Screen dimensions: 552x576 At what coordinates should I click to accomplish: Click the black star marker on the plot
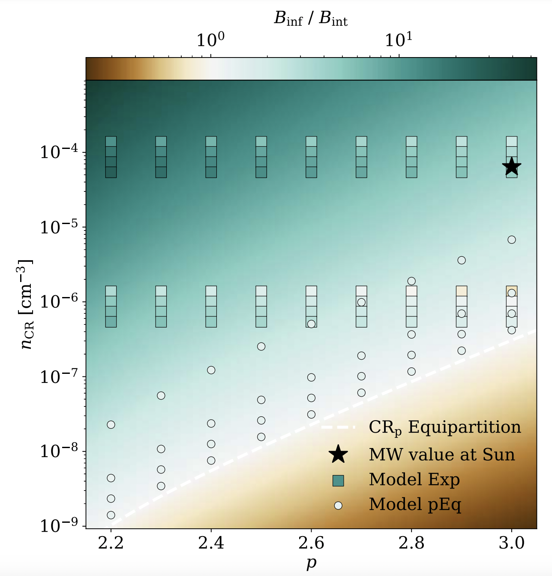(x=512, y=167)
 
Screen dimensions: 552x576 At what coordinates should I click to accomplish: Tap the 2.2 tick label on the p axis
(x=111, y=543)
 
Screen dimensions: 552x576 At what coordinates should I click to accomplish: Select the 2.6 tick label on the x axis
(x=311, y=543)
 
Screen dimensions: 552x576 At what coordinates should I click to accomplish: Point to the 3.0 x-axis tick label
(x=512, y=543)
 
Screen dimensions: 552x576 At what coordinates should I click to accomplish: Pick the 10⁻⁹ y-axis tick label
(x=59, y=525)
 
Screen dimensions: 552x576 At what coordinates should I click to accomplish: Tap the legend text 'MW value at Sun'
(x=442, y=455)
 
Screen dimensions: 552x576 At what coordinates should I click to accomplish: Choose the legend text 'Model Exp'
(x=414, y=479)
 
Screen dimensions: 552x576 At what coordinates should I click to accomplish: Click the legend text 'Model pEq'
(x=415, y=505)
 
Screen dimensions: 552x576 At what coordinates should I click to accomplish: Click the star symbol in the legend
(x=338, y=454)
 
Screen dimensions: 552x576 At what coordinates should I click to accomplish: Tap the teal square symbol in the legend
(x=338, y=480)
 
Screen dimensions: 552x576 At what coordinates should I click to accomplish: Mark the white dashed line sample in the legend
(x=338, y=427)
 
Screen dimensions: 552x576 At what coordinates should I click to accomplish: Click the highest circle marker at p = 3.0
(x=512, y=239)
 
